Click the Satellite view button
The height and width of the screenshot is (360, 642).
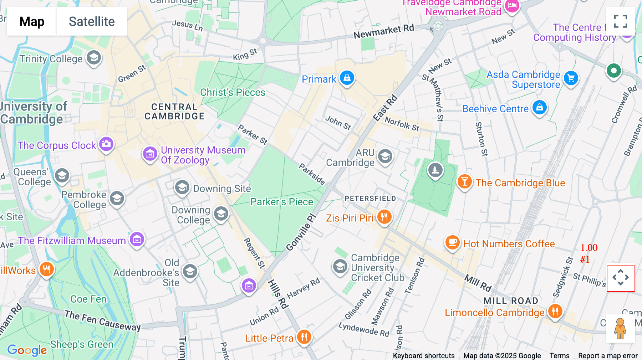[x=92, y=21]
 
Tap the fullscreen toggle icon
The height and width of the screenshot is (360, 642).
[x=620, y=21]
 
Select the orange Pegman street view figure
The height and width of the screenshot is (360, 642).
[x=620, y=329]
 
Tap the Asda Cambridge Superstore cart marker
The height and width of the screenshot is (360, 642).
[x=571, y=78]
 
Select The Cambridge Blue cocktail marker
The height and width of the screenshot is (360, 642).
[x=464, y=182]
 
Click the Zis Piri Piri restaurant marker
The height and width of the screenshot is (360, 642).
[x=384, y=217]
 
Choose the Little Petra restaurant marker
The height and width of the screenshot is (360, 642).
[x=304, y=337]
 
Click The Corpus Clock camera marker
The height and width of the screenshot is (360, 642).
[x=106, y=144]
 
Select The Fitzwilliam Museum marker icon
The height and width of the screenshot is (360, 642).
[x=137, y=240]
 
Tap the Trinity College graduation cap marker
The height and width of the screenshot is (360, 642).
[x=94, y=58]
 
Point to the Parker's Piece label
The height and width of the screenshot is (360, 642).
[x=281, y=202]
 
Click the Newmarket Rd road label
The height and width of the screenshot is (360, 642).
[x=383, y=31]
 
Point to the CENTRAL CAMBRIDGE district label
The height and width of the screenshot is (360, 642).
[x=174, y=112]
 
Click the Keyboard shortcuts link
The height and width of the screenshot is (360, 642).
[x=423, y=355]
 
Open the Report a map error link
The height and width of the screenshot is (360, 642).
[x=608, y=355]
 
